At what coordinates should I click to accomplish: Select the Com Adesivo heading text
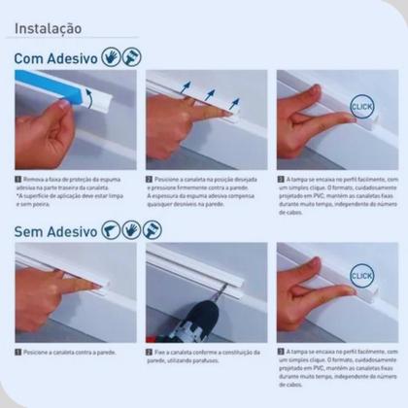[x=55, y=58]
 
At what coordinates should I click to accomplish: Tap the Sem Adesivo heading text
[x=55, y=231]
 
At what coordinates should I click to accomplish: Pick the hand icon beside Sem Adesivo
[x=131, y=231]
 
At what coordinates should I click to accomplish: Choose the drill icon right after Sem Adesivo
[x=111, y=231]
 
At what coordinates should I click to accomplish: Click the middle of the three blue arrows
[x=208, y=94]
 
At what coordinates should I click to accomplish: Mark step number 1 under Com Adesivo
[x=18, y=180]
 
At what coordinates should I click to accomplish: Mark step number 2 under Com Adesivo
[x=150, y=180]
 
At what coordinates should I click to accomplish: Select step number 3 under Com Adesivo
[x=281, y=180]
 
